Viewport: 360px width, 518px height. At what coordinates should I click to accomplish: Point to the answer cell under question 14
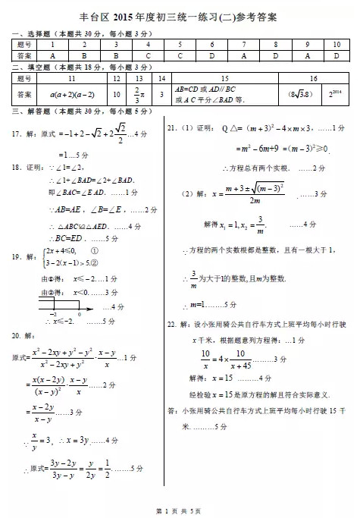coord(161,95)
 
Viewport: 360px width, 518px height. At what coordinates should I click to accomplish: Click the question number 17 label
coord(16,134)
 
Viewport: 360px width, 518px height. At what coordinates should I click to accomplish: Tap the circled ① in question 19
coord(94,250)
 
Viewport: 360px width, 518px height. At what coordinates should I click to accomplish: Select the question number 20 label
coord(16,334)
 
